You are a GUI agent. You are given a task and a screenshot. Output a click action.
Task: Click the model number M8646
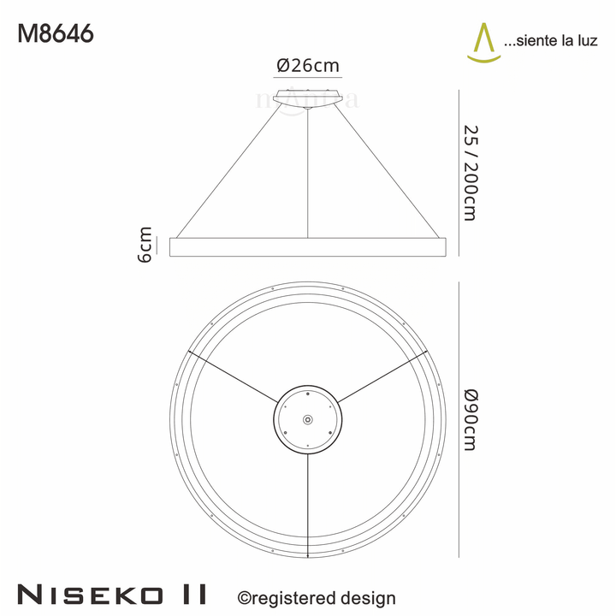pos(56,34)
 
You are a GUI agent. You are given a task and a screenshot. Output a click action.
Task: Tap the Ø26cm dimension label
pos(308,65)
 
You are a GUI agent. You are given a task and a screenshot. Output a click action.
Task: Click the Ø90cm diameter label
pos(469,419)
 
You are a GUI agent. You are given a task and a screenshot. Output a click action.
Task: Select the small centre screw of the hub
pos(308,419)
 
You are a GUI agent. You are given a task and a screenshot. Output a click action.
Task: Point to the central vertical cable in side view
pos(308,171)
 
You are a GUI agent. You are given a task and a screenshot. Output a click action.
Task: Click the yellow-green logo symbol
pos(484,43)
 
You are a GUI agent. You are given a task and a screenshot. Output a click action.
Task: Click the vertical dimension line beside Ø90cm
pos(459,419)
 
